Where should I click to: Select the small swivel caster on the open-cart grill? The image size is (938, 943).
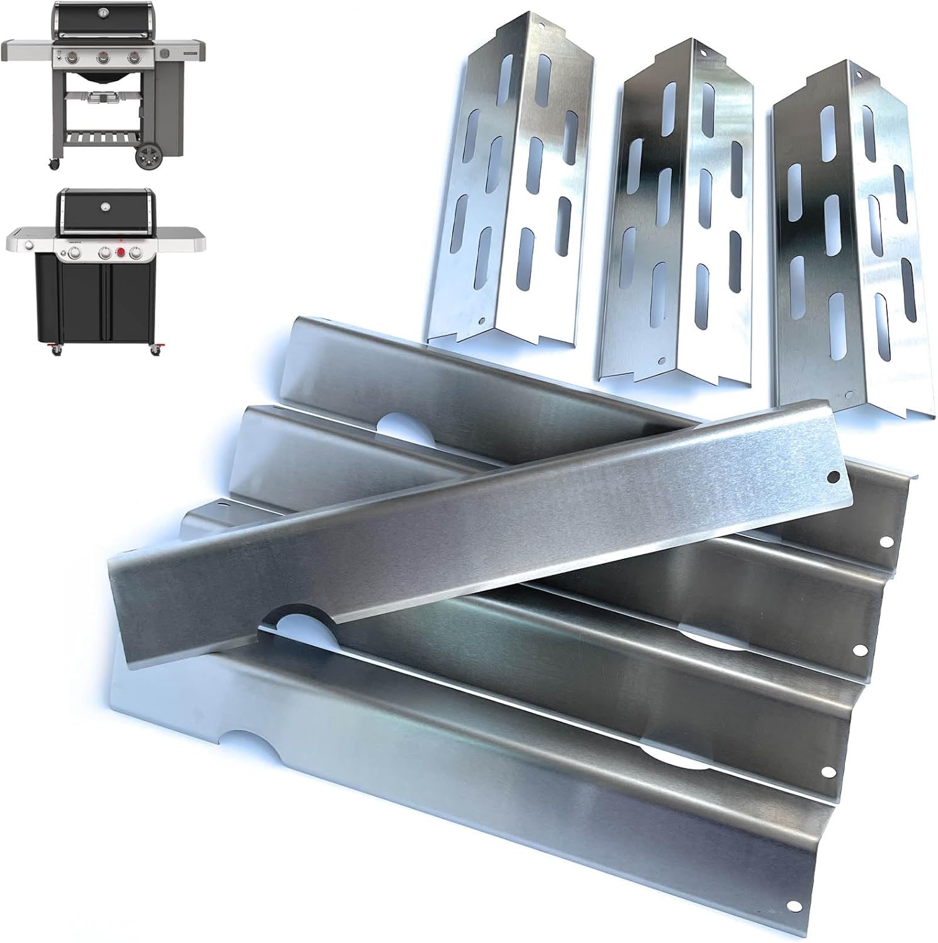click(55, 164)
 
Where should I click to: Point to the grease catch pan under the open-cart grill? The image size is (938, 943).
click(103, 98)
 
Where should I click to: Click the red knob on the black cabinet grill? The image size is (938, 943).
click(121, 253)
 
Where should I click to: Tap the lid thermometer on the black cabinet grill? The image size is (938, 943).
click(105, 206)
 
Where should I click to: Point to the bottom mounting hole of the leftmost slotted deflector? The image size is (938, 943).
click(483, 321)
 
